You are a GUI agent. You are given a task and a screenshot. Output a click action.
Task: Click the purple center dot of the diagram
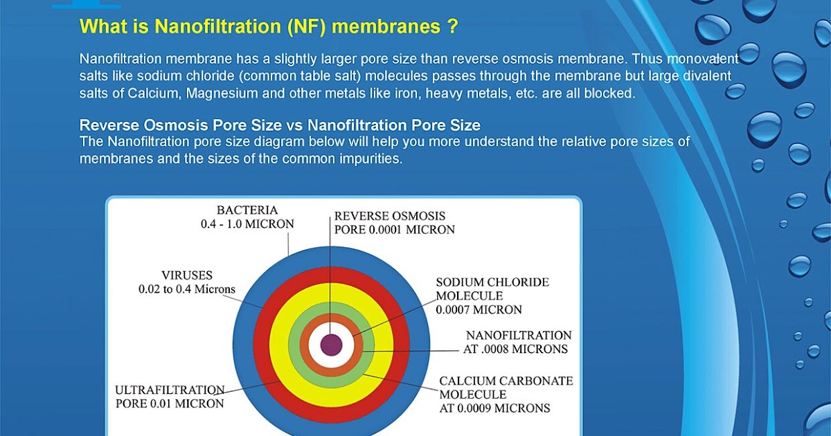[x=331, y=345]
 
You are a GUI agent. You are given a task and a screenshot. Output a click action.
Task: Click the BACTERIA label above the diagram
[x=247, y=210]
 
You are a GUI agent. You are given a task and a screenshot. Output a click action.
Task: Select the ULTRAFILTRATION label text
[x=170, y=390]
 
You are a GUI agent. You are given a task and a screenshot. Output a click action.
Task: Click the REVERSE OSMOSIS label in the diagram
[x=390, y=216]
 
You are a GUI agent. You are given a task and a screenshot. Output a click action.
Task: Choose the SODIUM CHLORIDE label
[x=492, y=282]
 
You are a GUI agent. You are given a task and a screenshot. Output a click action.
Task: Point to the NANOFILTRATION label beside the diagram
[x=519, y=336]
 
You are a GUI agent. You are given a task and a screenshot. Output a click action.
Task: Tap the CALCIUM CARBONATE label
[x=506, y=381]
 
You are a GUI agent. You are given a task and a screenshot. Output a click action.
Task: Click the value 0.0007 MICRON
[x=479, y=309]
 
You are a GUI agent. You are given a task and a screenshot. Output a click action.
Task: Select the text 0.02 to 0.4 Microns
[x=187, y=289]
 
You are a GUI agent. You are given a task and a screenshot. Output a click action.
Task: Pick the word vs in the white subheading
[x=294, y=125]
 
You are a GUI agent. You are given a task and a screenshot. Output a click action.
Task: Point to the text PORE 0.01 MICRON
[x=170, y=403]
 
